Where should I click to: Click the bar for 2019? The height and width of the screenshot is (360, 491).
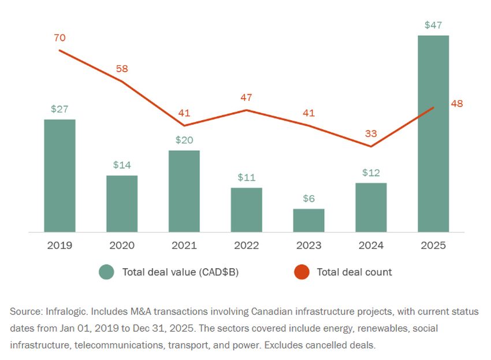pyautogui.click(x=60, y=176)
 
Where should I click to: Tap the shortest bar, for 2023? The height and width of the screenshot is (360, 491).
pyautogui.click(x=309, y=221)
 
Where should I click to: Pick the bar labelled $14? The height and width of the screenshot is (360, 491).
pyautogui.click(x=122, y=204)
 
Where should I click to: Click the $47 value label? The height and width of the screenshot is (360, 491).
pyautogui.click(x=433, y=25)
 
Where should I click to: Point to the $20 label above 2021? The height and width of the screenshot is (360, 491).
pyautogui.click(x=184, y=140)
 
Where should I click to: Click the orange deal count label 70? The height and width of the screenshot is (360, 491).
pyautogui.click(x=59, y=38)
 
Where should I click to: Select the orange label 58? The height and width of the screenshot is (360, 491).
pyautogui.click(x=122, y=68)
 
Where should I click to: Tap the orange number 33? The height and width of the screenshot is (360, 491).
pyautogui.click(x=371, y=133)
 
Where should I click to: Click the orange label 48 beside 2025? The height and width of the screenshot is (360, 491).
pyautogui.click(x=457, y=104)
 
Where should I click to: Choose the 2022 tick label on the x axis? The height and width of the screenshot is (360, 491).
pyautogui.click(x=247, y=246)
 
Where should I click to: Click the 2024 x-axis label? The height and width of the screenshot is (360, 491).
pyautogui.click(x=371, y=246)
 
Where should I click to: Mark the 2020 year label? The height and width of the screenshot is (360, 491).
pyautogui.click(x=122, y=246)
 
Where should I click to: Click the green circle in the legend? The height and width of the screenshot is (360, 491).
pyautogui.click(x=106, y=272)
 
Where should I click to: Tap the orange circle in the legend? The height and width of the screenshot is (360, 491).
pyautogui.click(x=302, y=272)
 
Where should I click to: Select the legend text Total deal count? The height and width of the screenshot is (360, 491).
pyautogui.click(x=354, y=272)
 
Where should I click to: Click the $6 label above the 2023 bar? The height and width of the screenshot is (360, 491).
pyautogui.click(x=309, y=198)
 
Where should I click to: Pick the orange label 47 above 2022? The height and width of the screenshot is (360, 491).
pyautogui.click(x=247, y=97)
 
